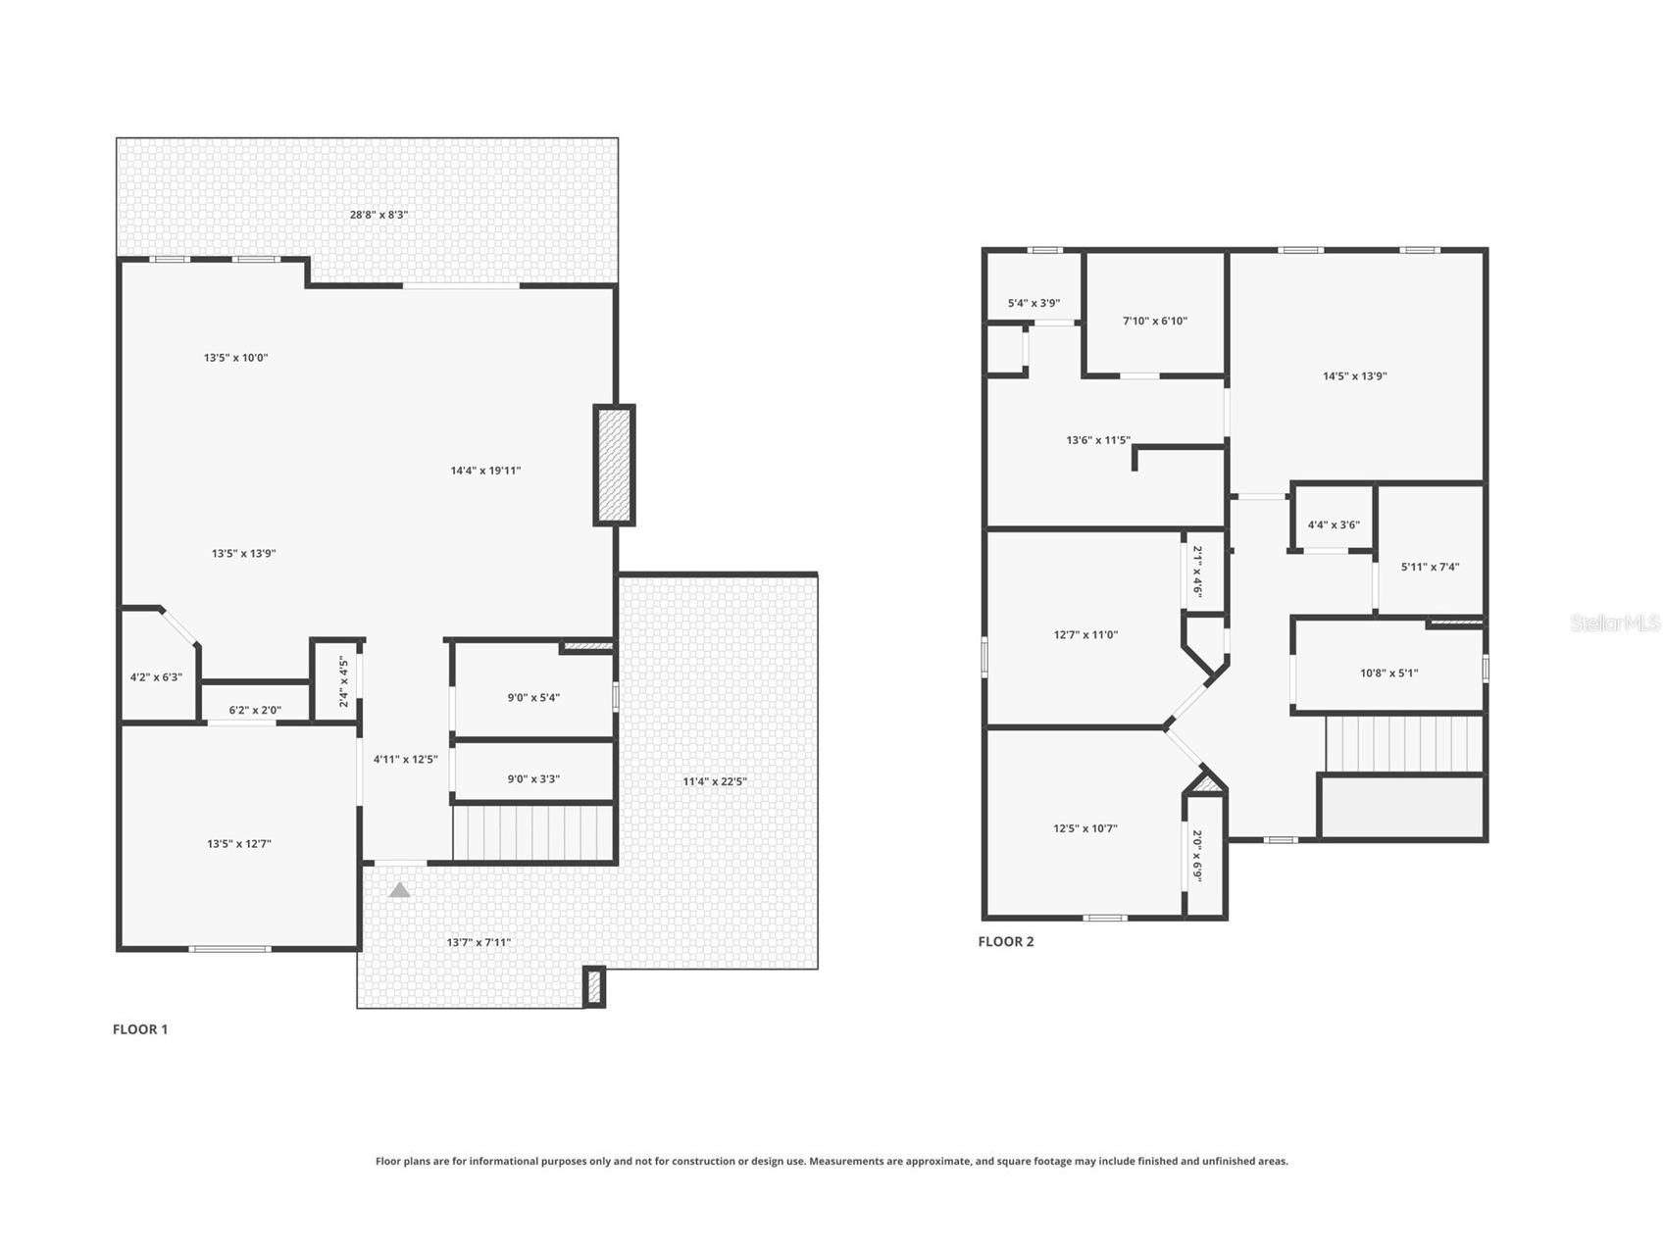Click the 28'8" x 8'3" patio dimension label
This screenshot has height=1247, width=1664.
(x=379, y=215)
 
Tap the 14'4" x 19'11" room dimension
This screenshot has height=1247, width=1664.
(x=485, y=471)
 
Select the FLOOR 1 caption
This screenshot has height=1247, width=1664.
(x=140, y=1029)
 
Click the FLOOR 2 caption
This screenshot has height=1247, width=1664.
(x=1006, y=941)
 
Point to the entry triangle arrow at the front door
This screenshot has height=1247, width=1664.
(x=399, y=890)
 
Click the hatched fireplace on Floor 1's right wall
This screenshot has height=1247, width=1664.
(x=614, y=466)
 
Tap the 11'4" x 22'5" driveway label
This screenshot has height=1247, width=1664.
(x=715, y=781)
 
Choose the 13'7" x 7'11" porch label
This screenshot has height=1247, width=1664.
(x=479, y=943)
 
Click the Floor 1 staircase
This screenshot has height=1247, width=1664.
(x=533, y=831)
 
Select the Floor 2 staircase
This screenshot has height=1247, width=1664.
(x=1403, y=744)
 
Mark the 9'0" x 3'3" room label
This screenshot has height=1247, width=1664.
(x=533, y=779)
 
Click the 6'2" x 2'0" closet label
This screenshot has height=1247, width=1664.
(x=255, y=711)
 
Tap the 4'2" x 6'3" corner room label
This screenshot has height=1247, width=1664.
(x=156, y=677)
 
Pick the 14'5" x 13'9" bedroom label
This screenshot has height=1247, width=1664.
(x=1354, y=376)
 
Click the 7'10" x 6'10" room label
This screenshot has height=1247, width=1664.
(x=1155, y=322)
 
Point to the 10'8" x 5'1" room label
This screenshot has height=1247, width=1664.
(x=1388, y=673)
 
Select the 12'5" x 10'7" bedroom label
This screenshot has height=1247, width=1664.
(x=1085, y=828)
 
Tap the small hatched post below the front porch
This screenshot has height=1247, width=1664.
(x=593, y=986)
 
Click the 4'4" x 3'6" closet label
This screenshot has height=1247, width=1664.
(x=1334, y=525)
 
